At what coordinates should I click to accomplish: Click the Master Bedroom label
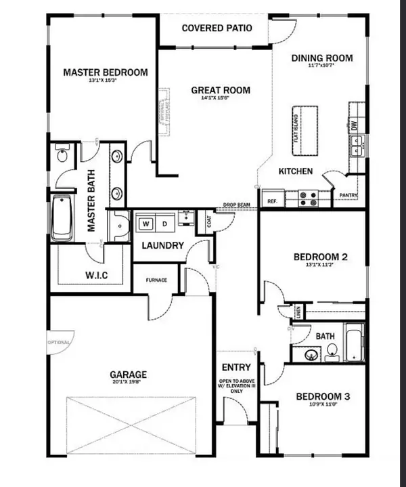click(105, 72)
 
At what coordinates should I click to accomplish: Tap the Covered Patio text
click(217, 28)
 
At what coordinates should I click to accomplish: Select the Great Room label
click(220, 90)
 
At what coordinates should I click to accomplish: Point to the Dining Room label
click(322, 58)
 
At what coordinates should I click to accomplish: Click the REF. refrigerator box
click(272, 201)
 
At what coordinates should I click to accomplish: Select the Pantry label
click(348, 197)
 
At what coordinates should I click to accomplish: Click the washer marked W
click(145, 223)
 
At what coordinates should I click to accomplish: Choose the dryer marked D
click(163, 223)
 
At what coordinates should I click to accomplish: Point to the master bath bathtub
click(62, 217)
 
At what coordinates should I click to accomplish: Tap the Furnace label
click(154, 280)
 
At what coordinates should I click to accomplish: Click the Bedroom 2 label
click(320, 257)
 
